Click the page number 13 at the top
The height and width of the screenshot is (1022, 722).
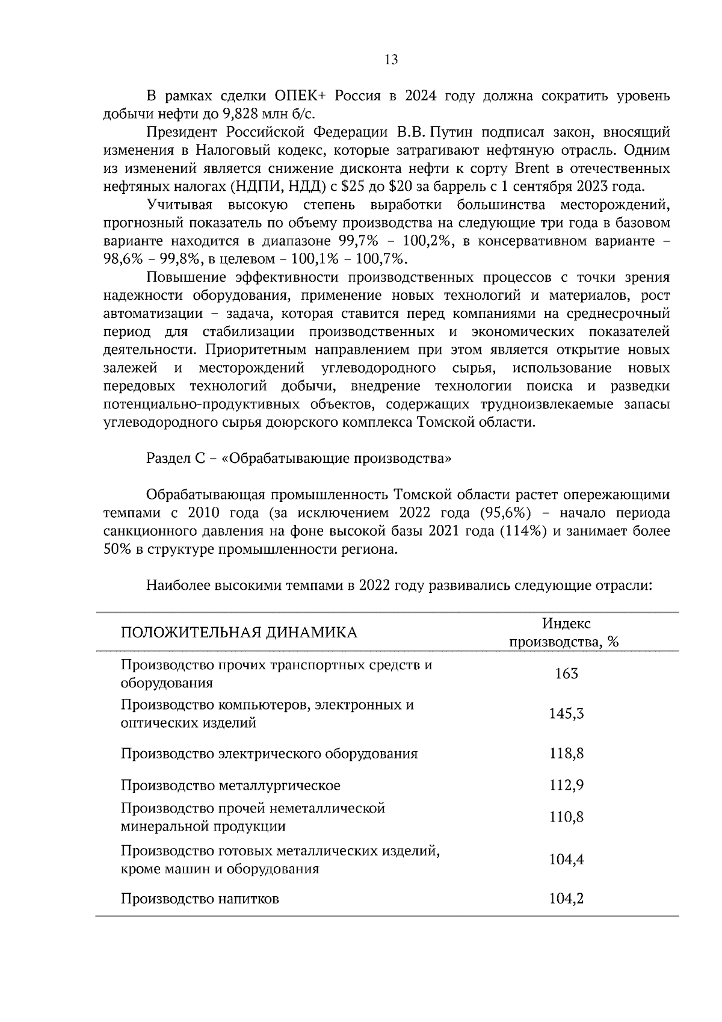pyautogui.click(x=390, y=60)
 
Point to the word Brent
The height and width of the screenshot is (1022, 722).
pyautogui.click(x=532, y=168)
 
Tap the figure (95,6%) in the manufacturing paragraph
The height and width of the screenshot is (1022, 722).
pyautogui.click(x=505, y=513)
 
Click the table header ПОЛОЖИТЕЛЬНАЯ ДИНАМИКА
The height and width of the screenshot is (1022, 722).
pyautogui.click(x=239, y=633)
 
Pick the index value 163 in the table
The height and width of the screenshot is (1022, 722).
pyautogui.click(x=566, y=674)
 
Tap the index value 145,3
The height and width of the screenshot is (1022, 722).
pyautogui.click(x=566, y=714)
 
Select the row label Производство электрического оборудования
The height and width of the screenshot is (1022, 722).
pyautogui.click(x=269, y=754)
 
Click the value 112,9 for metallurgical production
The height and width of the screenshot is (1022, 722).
pyautogui.click(x=566, y=785)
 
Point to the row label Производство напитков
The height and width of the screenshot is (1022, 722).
pyautogui.click(x=200, y=899)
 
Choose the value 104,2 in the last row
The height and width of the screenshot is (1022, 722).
pyautogui.click(x=566, y=899)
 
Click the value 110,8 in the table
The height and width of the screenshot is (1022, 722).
pyautogui.click(x=566, y=817)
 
